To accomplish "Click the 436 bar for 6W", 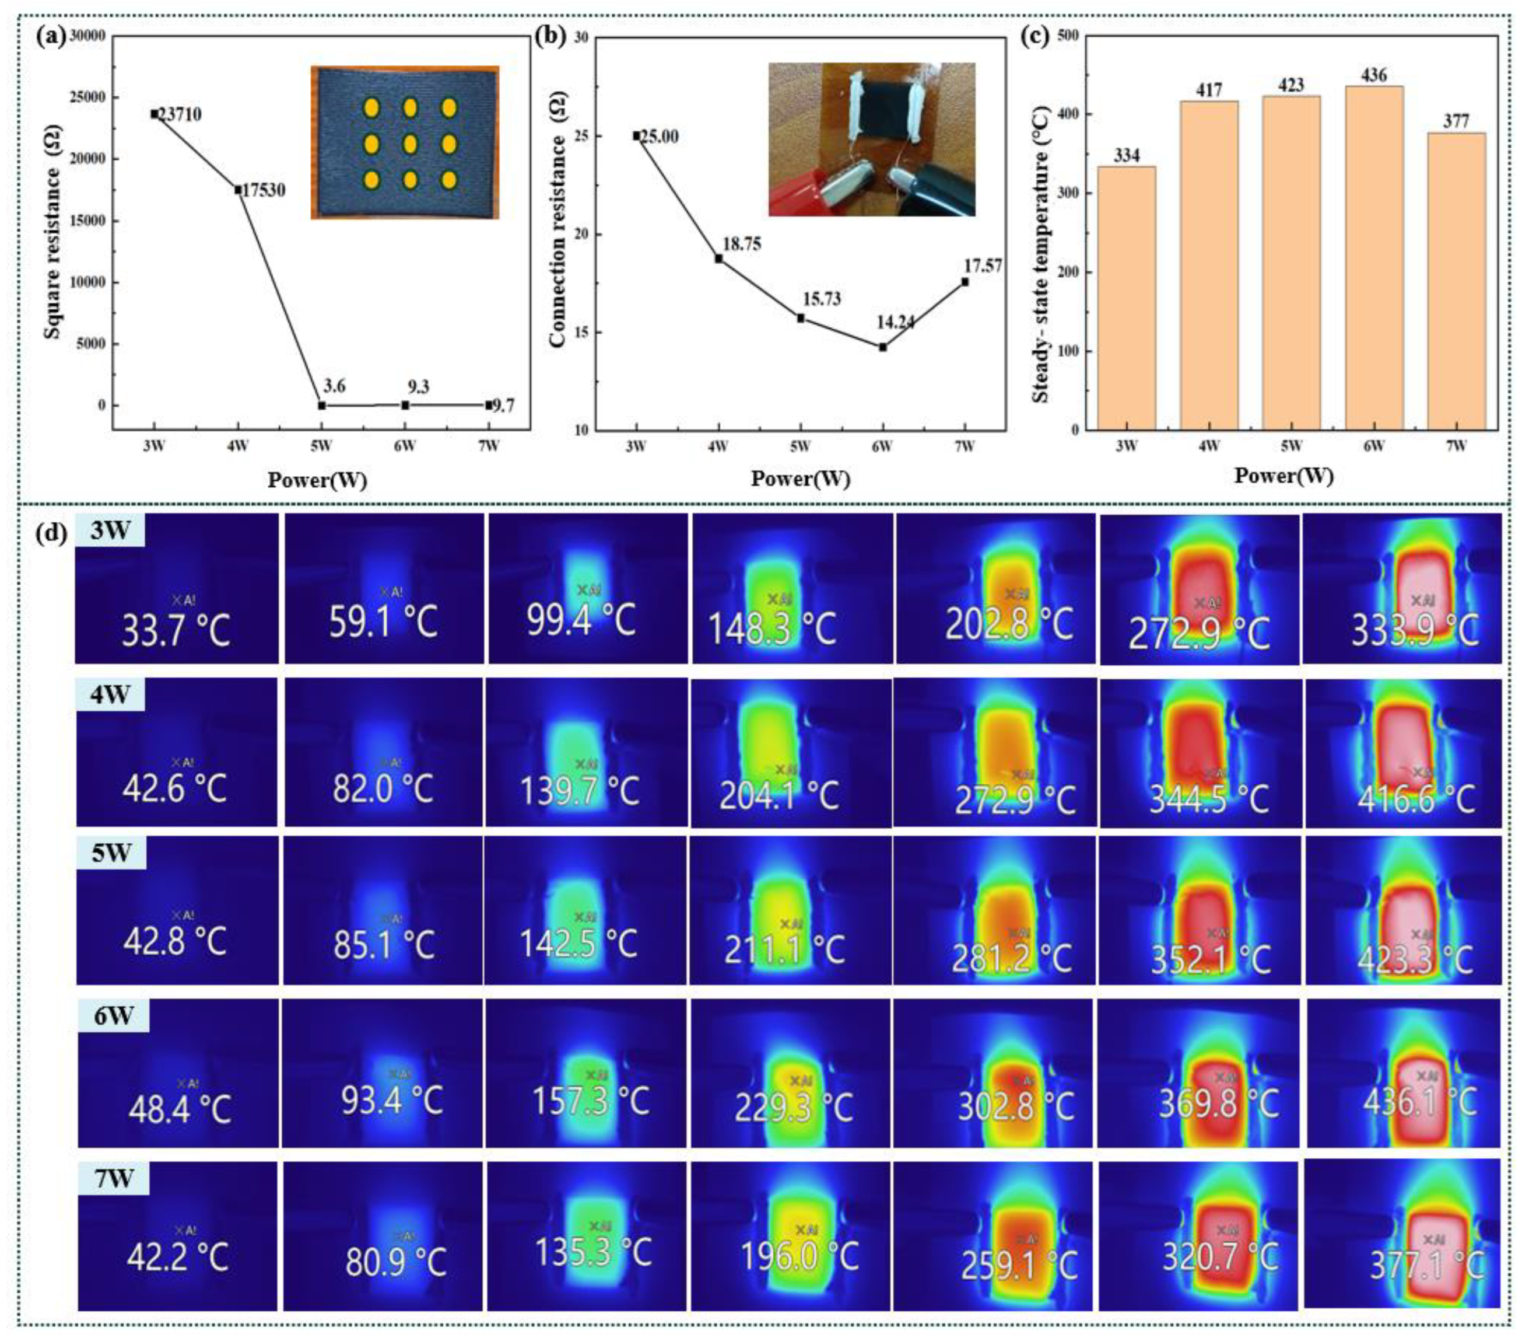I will click(x=1374, y=257).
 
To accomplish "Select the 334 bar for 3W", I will click(x=1127, y=298).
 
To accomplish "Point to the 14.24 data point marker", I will click(x=882, y=347).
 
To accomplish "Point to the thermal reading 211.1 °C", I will click(x=783, y=948).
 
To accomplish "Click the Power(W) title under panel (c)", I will click(x=1283, y=476).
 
